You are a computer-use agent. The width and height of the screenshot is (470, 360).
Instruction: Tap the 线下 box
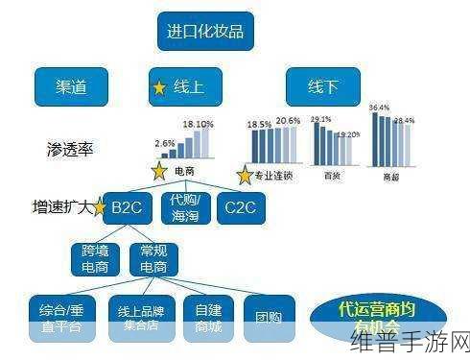[322, 86]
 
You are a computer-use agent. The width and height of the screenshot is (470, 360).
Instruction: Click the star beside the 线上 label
[159, 87]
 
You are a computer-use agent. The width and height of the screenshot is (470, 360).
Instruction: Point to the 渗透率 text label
[70, 149]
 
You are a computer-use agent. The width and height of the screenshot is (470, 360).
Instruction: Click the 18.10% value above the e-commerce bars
[198, 125]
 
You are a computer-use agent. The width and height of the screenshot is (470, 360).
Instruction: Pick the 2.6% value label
[164, 142]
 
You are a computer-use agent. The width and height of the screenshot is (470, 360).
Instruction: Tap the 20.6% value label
[288, 122]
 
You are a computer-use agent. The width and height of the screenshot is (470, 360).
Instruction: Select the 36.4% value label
[380, 108]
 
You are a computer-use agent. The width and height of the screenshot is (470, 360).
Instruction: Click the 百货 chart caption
[331, 176]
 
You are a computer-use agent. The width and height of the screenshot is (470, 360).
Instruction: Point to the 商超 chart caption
[392, 176]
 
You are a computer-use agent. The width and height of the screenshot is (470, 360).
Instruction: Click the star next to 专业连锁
[245, 176]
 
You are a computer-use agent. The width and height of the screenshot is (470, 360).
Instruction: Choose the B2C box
[127, 206]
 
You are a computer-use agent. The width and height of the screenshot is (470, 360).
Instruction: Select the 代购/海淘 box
[182, 206]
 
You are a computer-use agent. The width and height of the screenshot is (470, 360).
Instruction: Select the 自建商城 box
[207, 317]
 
